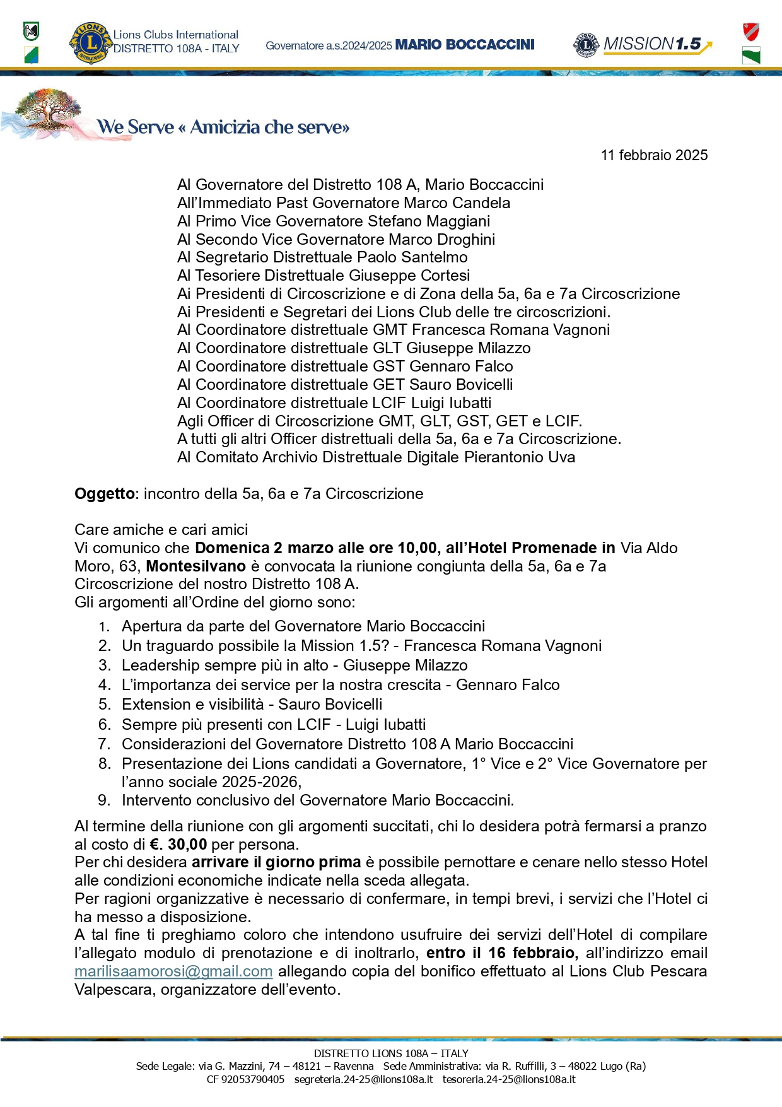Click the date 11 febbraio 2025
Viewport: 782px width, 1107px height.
pos(654,155)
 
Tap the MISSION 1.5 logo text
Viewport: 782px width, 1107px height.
pos(652,44)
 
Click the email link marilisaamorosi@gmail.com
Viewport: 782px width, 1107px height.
pos(173,971)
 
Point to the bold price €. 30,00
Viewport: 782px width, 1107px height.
pos(178,845)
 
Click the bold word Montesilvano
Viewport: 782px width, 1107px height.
pos(195,566)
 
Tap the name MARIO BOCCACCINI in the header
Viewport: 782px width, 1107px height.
pos(465,45)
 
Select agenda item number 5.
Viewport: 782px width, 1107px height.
pos(105,705)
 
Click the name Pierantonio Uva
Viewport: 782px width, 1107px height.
pos(520,457)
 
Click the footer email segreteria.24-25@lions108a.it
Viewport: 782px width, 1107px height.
pos(364,1079)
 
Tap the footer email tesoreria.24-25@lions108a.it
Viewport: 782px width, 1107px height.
pos(509,1079)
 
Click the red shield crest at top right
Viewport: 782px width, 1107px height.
pos(750,31)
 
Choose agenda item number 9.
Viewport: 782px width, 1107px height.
pos(105,800)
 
